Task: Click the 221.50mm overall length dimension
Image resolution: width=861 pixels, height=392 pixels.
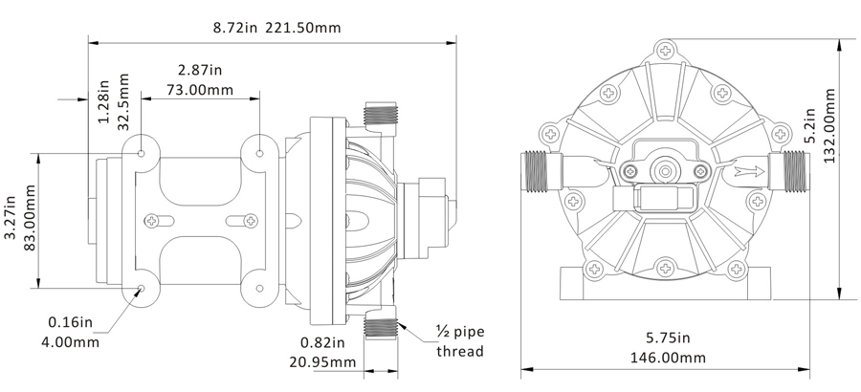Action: pyautogui.click(x=303, y=27)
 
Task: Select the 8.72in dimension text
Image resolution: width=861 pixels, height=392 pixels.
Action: pyautogui.click(x=235, y=27)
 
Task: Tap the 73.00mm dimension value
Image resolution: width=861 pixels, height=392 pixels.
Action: pyautogui.click(x=200, y=90)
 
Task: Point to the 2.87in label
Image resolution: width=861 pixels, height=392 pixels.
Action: pyautogui.click(x=200, y=70)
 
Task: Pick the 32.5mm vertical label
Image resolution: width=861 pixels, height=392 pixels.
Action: pyautogui.click(x=123, y=101)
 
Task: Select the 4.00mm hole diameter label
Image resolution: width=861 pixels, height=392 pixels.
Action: pyautogui.click(x=70, y=342)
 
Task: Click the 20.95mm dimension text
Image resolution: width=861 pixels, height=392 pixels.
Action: pyautogui.click(x=322, y=361)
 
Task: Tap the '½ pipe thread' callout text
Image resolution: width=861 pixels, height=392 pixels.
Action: pyautogui.click(x=461, y=341)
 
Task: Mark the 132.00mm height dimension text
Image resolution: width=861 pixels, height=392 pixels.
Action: pyautogui.click(x=828, y=125)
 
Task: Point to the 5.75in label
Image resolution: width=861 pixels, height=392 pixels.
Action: pyautogui.click(x=668, y=338)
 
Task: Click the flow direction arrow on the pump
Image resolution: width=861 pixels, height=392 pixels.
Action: pyautogui.click(x=749, y=172)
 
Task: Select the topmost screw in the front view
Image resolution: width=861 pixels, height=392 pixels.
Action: pyautogui.click(x=666, y=52)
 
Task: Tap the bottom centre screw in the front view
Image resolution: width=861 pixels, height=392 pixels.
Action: pyautogui.click(x=665, y=269)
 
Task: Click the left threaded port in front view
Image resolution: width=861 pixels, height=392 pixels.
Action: pyautogui.click(x=540, y=172)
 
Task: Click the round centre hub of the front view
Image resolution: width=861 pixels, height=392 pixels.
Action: pyautogui.click(x=665, y=172)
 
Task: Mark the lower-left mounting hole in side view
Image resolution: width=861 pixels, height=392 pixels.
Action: pyautogui.click(x=142, y=288)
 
